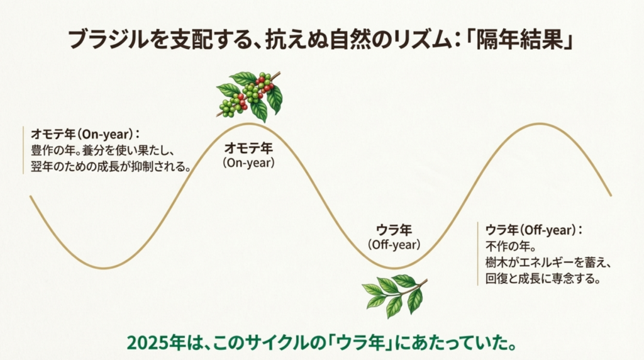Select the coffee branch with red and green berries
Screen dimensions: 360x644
249,95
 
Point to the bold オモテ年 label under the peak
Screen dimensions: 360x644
249,149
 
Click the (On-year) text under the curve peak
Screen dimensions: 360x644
249,162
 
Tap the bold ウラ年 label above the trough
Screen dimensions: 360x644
394,230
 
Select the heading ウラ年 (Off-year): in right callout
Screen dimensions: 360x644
533,230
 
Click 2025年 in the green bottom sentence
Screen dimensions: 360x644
155,343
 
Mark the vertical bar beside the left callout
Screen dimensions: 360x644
23,150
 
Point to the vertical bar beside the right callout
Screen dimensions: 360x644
478,254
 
